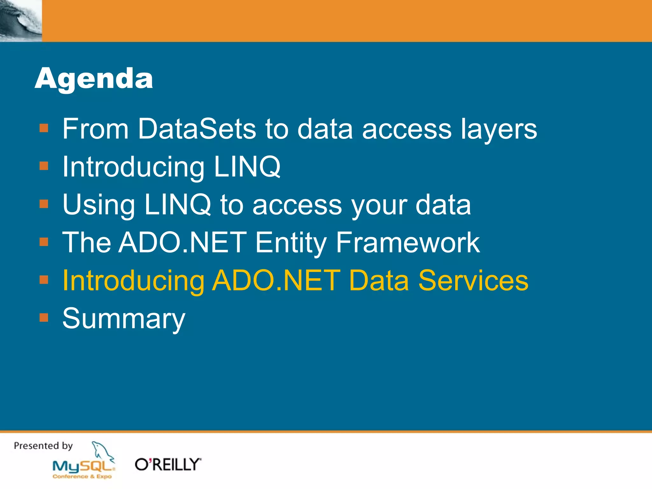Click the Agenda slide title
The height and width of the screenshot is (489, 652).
pyautogui.click(x=94, y=78)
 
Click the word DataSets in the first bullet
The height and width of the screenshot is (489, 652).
pyautogui.click(x=197, y=129)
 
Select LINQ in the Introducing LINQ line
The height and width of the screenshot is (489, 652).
pyautogui.click(x=247, y=167)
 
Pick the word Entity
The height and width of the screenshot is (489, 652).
pyautogui.click(x=291, y=243)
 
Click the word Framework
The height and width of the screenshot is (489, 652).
pyautogui.click(x=408, y=243)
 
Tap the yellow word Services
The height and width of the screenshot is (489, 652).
pyautogui.click(x=473, y=280)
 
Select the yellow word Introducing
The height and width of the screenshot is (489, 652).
pyautogui.click(x=133, y=280)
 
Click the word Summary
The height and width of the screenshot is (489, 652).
pyautogui.click(x=124, y=318)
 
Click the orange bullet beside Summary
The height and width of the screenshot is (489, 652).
pyautogui.click(x=44, y=318)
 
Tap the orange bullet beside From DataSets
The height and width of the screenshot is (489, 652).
pyautogui.click(x=44, y=128)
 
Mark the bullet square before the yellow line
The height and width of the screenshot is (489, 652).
pyautogui.click(x=44, y=280)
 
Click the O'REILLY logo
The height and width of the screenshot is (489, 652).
pyautogui.click(x=168, y=464)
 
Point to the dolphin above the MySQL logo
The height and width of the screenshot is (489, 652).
pyautogui.click(x=103, y=452)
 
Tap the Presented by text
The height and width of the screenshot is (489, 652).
pyautogui.click(x=43, y=446)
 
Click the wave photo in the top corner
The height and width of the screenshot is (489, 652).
pyautogui.click(x=21, y=21)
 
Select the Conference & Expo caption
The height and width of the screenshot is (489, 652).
pyautogui.click(x=82, y=477)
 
